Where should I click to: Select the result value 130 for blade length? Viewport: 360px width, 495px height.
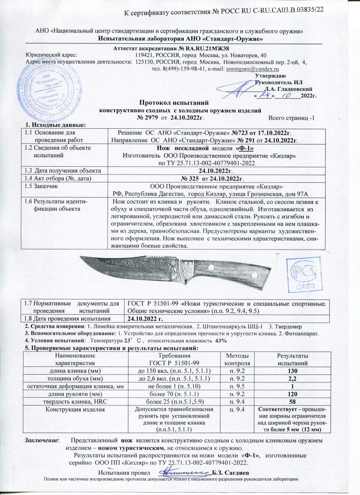click(293, 371)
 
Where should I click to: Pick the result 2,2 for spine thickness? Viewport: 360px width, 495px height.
click(293, 378)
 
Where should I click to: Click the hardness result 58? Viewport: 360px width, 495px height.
click(293, 401)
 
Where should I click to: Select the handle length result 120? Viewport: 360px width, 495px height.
click(293, 394)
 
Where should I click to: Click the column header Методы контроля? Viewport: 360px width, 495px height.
click(237, 359)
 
